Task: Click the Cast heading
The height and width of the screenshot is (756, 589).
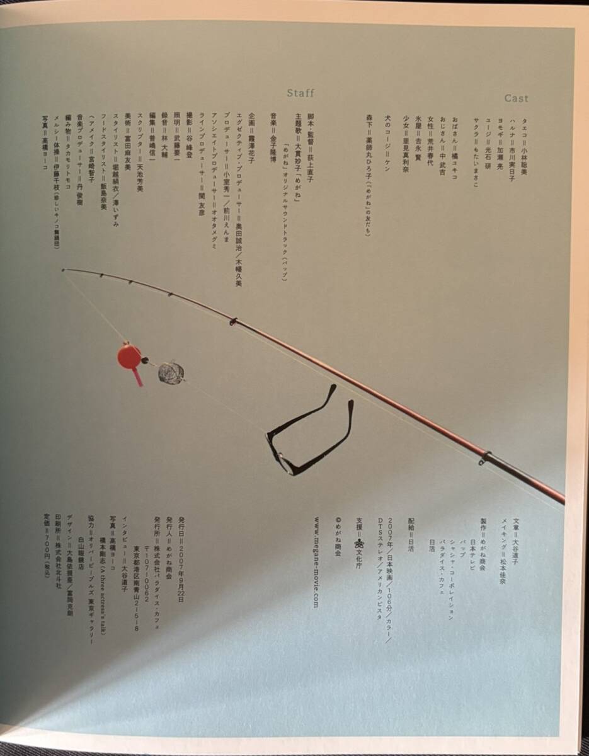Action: coord(516,98)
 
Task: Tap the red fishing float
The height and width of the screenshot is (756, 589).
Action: coord(129,357)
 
